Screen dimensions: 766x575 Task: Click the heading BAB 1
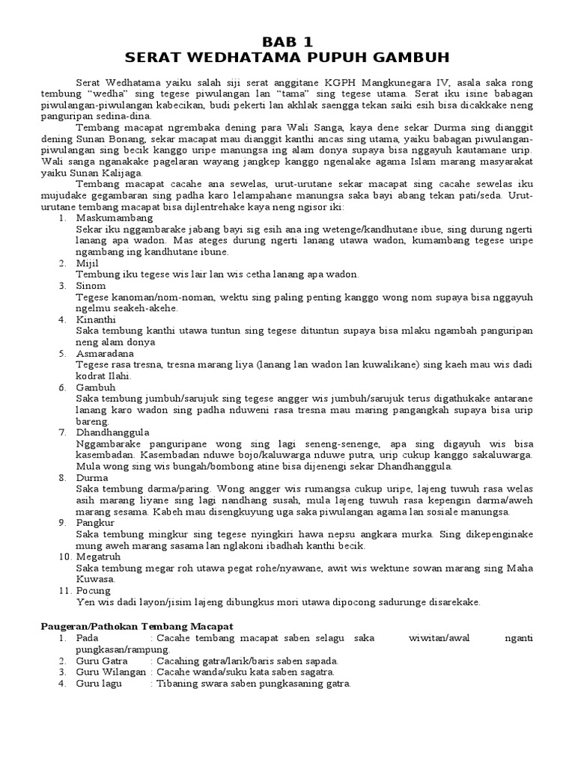point(287,42)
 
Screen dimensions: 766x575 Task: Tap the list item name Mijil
point(86,263)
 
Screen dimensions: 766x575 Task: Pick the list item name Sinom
point(91,286)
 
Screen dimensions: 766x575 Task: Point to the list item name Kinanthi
point(95,319)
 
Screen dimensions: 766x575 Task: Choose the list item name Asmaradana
point(105,353)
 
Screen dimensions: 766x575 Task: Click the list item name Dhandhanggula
point(112,432)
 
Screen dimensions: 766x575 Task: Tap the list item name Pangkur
point(94,523)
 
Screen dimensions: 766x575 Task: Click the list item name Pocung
point(93,591)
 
